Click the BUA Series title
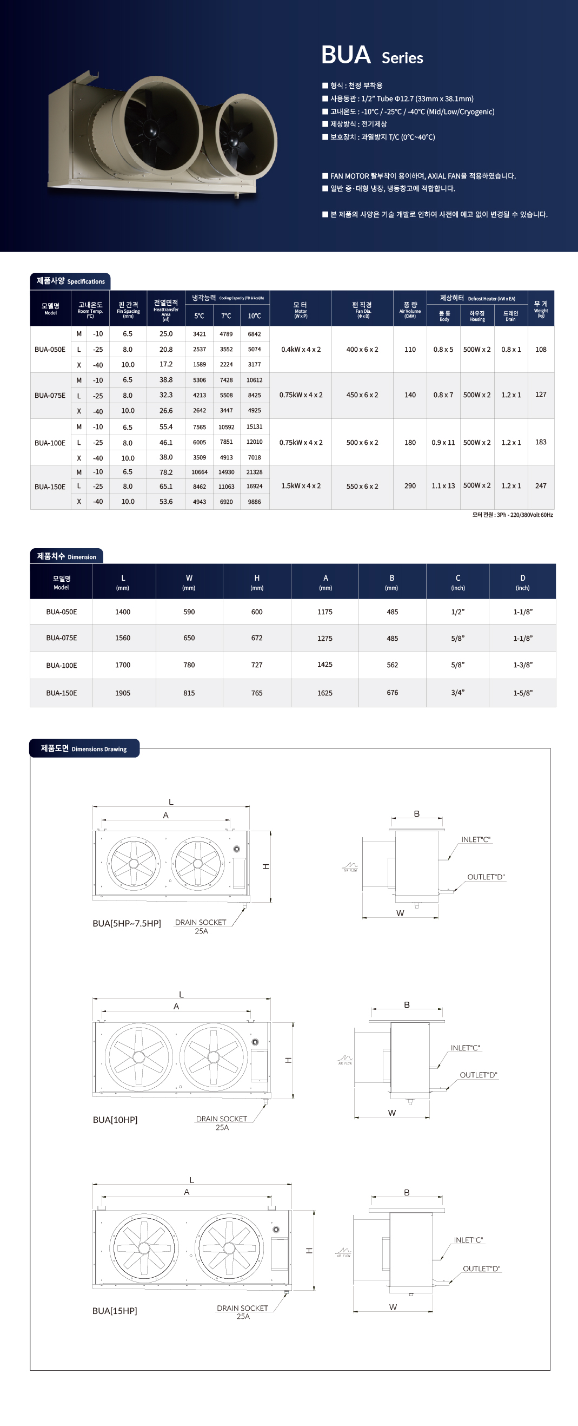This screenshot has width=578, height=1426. [371, 55]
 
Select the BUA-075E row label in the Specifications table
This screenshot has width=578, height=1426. [50, 395]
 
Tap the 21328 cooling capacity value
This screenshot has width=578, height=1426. [255, 472]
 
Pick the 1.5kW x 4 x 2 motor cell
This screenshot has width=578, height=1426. [301, 486]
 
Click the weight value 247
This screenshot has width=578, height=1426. [540, 486]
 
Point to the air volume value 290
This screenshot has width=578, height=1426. [410, 486]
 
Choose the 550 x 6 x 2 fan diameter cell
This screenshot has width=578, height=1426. [362, 487]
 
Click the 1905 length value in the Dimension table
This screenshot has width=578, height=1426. [123, 693]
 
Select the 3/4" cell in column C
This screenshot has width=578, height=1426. [457, 693]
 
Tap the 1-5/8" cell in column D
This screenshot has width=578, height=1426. [523, 693]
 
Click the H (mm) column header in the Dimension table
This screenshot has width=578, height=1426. [257, 582]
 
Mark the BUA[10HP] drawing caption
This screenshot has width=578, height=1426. [115, 1120]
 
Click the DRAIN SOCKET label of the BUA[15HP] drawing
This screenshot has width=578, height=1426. [242, 1308]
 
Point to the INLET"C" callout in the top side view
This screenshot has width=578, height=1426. [476, 840]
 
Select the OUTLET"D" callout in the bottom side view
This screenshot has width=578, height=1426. [481, 1269]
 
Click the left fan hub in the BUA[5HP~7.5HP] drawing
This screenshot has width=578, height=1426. [134, 864]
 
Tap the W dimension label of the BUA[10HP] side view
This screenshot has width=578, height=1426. [391, 1113]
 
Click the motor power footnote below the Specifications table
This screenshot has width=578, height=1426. [512, 515]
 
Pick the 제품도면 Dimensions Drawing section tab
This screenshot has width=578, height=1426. [84, 748]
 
